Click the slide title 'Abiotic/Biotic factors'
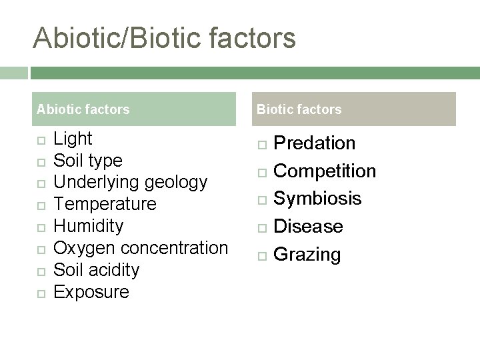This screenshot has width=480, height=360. pos(164,38)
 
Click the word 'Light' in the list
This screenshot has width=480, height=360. pos(73,139)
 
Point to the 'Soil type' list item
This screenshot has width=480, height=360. pos(87,161)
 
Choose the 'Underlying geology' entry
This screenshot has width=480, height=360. pos(130,182)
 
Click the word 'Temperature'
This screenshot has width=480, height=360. pos(105,204)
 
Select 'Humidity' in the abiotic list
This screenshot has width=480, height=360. pos(88,226)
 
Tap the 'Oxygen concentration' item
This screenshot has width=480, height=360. pos(140,248)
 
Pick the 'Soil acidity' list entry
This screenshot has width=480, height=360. pos(96,270)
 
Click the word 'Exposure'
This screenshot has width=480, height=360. pos(91,292)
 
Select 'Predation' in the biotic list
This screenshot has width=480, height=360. pos(315,143)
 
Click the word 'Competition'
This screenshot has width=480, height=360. pos(325,171)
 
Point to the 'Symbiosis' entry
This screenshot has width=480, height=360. pos(317,199)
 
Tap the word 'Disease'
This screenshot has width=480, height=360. pos(308,227)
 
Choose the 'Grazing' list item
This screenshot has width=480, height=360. pos(307,255)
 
